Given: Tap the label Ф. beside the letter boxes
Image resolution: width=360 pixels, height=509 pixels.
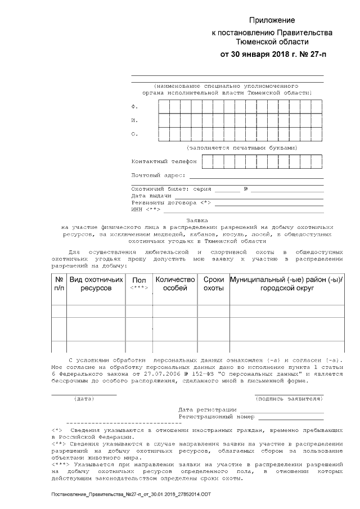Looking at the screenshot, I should point(134,106).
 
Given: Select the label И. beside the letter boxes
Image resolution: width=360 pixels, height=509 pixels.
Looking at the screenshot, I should point(134,120).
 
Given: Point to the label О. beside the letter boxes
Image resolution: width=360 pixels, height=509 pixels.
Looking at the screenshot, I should point(134,134).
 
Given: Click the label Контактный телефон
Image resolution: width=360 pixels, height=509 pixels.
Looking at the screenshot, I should point(164,161).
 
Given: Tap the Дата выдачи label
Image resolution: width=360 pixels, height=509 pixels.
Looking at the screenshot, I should point(148,196).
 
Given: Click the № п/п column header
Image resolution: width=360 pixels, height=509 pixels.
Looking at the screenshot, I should point(59,283).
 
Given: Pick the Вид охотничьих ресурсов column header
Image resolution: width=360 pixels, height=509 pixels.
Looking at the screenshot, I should point(96,283).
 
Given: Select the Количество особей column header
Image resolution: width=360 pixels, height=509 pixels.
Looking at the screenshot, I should point(175,283).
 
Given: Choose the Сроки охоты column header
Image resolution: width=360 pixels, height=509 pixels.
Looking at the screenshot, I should point(213,283).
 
